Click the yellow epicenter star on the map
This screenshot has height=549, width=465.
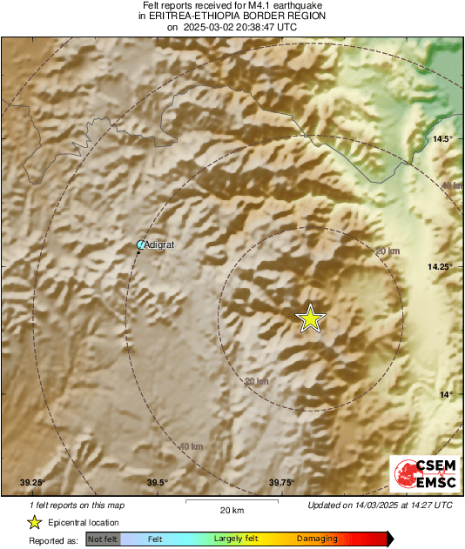click(310, 319)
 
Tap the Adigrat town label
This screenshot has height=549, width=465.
click(159, 245)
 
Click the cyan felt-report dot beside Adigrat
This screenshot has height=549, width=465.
click(141, 245)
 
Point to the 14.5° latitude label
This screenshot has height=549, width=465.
click(443, 139)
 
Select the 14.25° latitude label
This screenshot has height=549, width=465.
click(440, 267)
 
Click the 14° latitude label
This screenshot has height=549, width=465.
click(445, 395)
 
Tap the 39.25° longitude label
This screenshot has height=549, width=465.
click(32, 483)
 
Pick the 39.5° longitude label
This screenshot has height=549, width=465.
click(157, 483)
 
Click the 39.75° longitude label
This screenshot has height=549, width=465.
click(281, 483)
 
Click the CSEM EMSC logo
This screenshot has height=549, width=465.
click(421, 475)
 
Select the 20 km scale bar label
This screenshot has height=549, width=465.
click(231, 510)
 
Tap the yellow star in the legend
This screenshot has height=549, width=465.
click(34, 523)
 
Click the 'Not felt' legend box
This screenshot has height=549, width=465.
click(104, 539)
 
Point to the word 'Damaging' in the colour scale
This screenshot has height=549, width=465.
click(316, 539)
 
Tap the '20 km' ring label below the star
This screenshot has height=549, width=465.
click(256, 381)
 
